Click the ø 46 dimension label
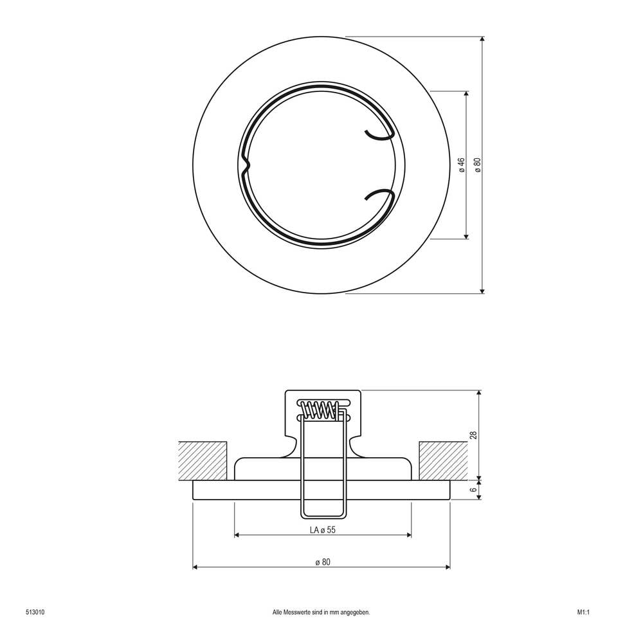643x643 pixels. tap(462, 165)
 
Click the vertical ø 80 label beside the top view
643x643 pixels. tap(477, 165)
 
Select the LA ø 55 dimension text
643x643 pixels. tap(323, 530)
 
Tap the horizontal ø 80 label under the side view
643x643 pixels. tap(323, 562)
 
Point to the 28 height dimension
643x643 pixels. tap(473, 435)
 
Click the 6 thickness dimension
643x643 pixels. tap(473, 490)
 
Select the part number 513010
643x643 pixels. tap(35, 612)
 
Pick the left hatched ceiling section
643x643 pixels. tap(203, 460)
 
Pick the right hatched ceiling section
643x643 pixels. tap(442, 460)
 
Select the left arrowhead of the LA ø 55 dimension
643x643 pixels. tap(237, 535)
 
